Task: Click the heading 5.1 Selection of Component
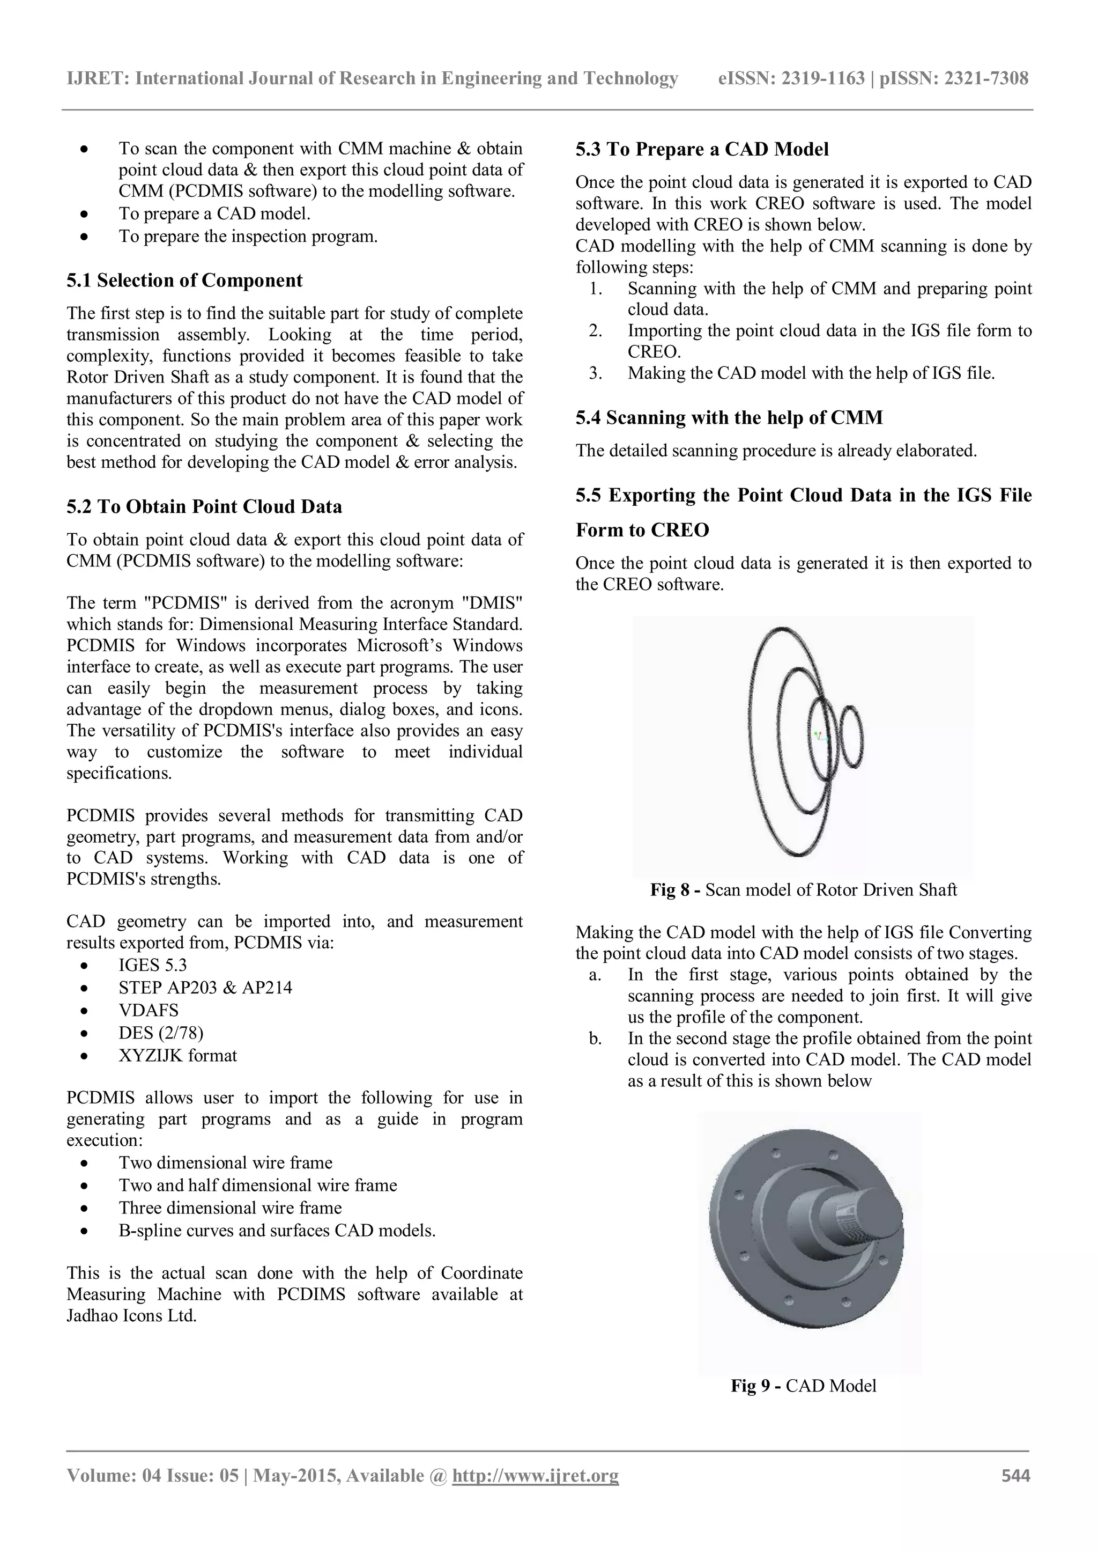[x=184, y=280]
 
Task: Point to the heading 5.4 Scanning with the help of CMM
[x=729, y=417]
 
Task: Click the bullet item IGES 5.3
[x=153, y=965]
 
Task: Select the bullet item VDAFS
[x=149, y=1010]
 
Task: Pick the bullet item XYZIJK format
[x=178, y=1055]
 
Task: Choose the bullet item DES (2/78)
[x=161, y=1033]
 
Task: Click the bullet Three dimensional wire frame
[x=230, y=1208]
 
